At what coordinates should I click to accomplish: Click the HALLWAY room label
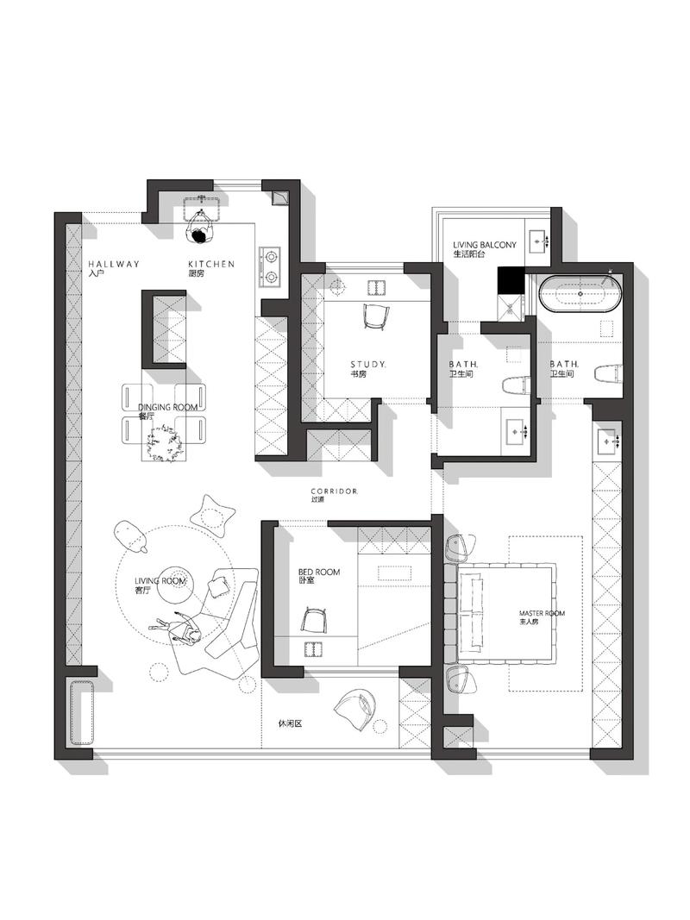(114, 264)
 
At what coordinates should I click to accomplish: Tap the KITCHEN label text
(211, 264)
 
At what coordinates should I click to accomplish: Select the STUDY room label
(368, 365)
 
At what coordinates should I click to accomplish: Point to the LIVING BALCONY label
(485, 245)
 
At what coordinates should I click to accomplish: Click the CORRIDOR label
(334, 491)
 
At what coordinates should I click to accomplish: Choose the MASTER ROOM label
(542, 613)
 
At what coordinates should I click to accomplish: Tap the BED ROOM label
(318, 572)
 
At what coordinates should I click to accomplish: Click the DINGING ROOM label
(168, 407)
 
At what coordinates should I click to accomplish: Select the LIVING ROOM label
(160, 581)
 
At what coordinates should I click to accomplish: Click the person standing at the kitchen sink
(200, 228)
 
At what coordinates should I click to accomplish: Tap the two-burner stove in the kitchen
(271, 266)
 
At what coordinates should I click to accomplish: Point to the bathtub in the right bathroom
(580, 293)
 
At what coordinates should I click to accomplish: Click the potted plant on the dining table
(165, 442)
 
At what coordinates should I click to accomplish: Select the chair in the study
(375, 316)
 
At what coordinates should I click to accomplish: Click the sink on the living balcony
(539, 241)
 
